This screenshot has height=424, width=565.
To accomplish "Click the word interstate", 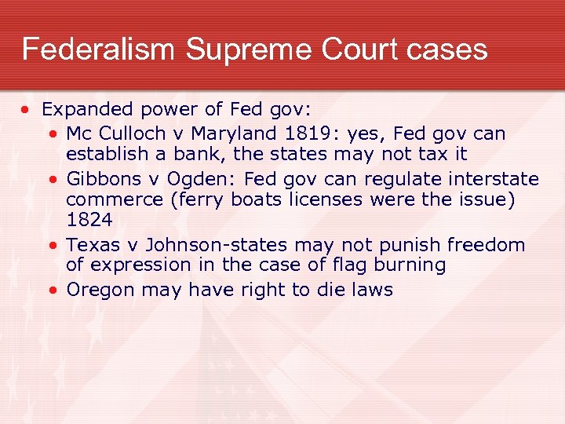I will click(x=494, y=178).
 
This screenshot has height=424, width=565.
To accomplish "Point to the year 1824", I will click(x=89, y=221).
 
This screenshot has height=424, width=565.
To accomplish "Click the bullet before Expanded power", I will click(x=27, y=109).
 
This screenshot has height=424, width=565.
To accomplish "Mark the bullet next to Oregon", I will click(x=52, y=290).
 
